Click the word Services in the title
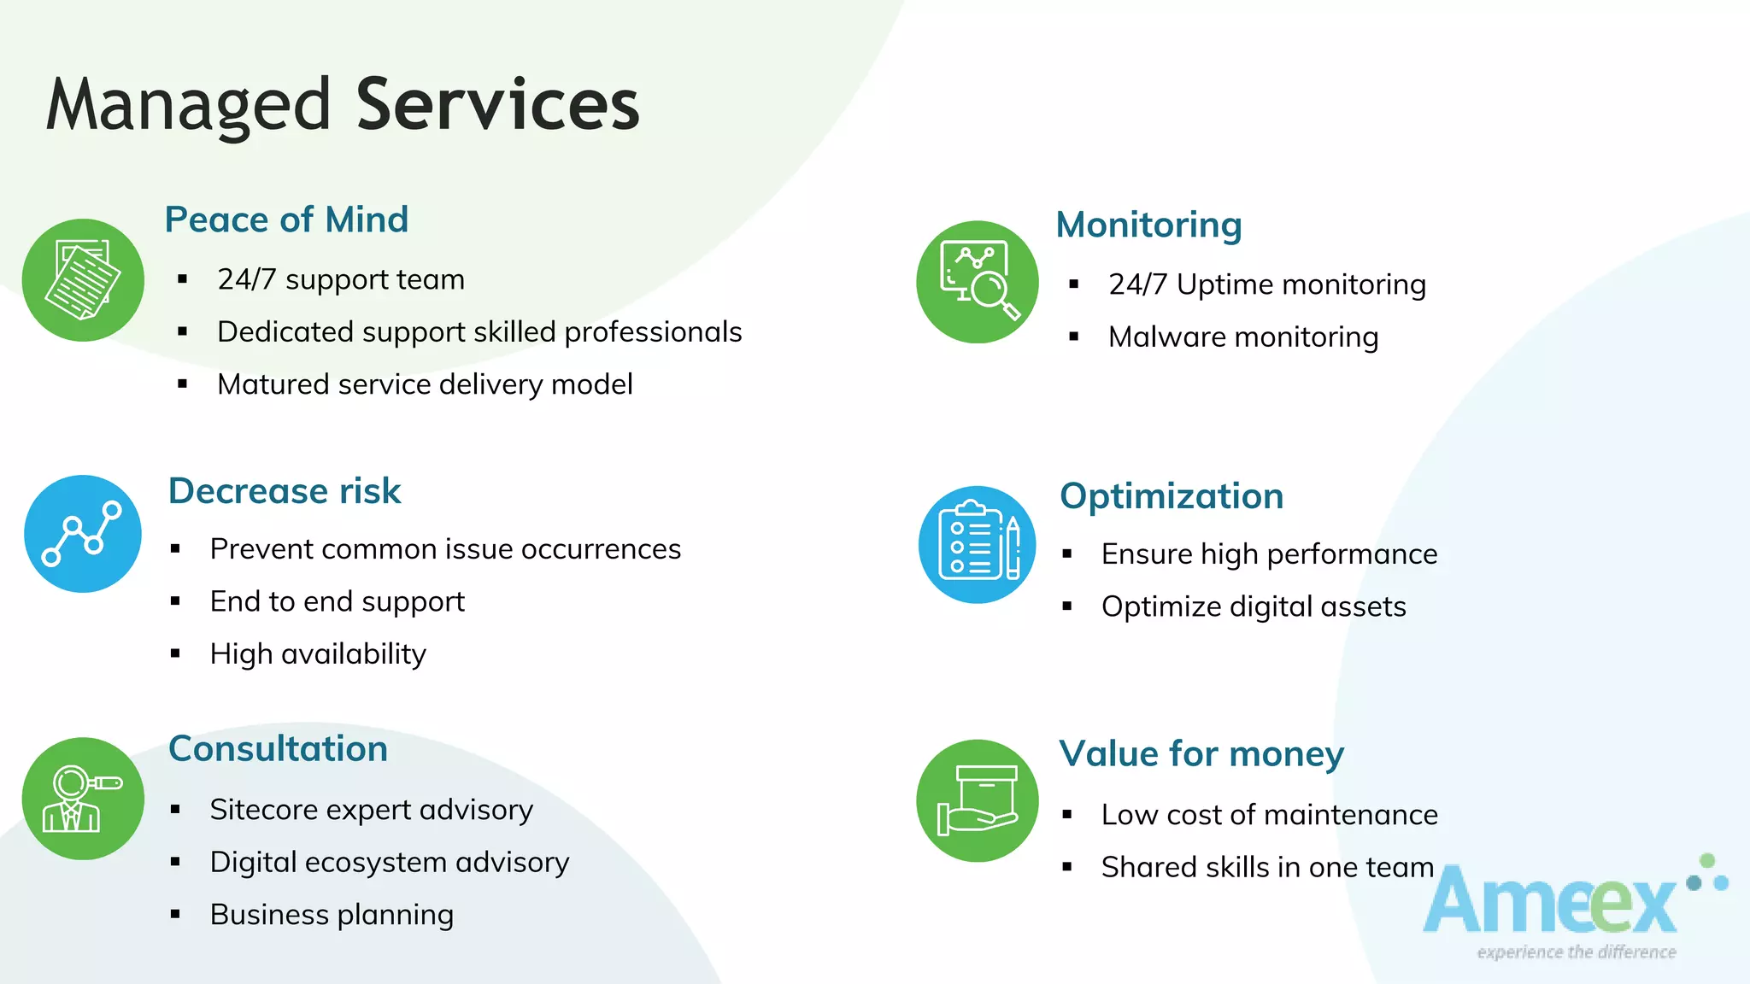point(497,104)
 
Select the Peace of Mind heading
point(286,220)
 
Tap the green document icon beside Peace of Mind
point(83,280)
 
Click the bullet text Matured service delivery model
point(425,384)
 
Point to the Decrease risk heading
point(285,491)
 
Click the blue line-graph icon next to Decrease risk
point(83,534)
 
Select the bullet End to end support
point(338,601)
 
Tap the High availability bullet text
point(318,654)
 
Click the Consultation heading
point(279,749)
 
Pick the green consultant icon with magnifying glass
point(83,799)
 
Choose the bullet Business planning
point(332,915)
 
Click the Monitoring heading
point(1148,225)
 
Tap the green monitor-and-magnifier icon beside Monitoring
point(978,282)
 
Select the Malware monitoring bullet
point(1243,337)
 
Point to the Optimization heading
point(1172,496)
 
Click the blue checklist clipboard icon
point(978,545)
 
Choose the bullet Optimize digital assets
point(1254,606)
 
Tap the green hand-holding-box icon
point(978,800)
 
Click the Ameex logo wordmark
point(1551,904)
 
